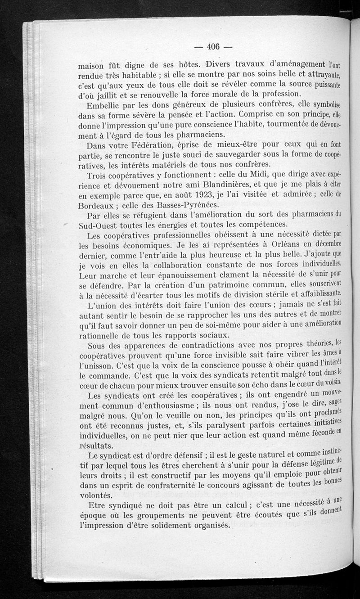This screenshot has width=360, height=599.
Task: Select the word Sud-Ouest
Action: [100, 225]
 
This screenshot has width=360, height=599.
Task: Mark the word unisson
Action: [100, 364]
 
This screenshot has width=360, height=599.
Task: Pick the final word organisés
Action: [207, 526]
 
